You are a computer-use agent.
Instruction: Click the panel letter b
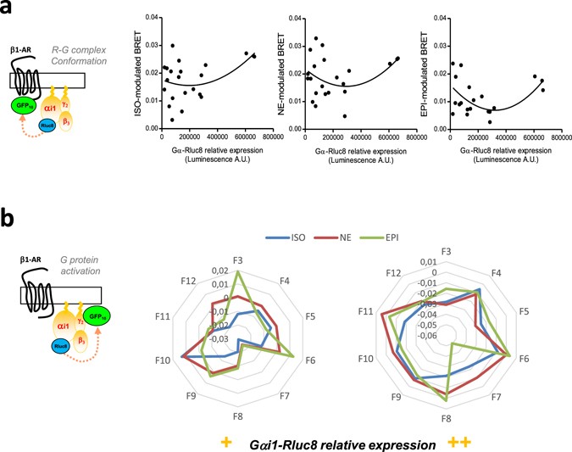(x=10, y=219)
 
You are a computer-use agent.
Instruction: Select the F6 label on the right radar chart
(x=537, y=359)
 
